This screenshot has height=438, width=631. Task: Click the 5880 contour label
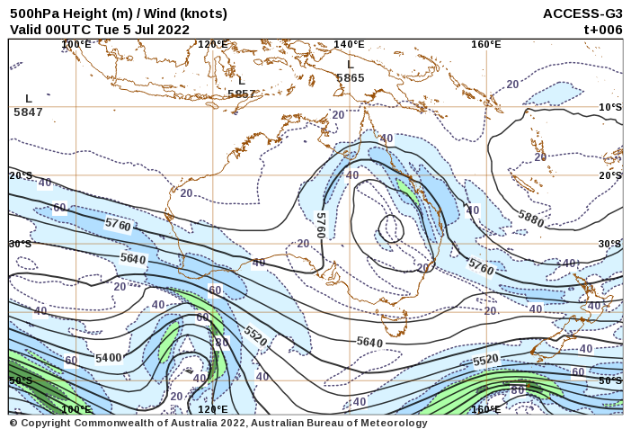point(530,218)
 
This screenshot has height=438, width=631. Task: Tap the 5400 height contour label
point(108,357)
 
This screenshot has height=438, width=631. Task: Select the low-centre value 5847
point(28,112)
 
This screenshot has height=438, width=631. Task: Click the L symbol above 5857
point(241,81)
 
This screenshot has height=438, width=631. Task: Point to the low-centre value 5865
point(351,78)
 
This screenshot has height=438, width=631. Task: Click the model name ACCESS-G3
point(582,13)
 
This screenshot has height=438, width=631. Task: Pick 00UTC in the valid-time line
point(62,29)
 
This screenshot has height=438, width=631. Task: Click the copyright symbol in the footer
point(13,423)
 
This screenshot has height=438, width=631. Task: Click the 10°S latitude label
point(610,107)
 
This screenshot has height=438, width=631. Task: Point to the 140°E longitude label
point(349,44)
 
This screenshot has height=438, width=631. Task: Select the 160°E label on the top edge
point(485,44)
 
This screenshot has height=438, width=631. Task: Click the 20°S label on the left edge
point(21,175)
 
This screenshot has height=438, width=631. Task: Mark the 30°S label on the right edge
point(610,244)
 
